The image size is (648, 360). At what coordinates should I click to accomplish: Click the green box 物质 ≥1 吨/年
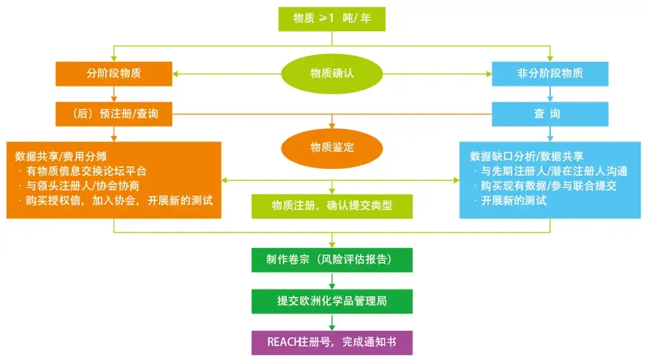pyautogui.click(x=331, y=19)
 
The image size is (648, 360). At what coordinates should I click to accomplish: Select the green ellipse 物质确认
pyautogui.click(x=331, y=73)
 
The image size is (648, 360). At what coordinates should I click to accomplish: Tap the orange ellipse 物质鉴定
pyautogui.click(x=331, y=146)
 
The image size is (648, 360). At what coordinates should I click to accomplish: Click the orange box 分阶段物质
pyautogui.click(x=114, y=73)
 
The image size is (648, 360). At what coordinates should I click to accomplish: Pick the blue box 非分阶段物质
pyautogui.click(x=550, y=73)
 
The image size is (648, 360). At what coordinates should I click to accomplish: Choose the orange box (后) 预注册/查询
pyautogui.click(x=114, y=114)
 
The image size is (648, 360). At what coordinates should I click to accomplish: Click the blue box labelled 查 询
pyautogui.click(x=550, y=114)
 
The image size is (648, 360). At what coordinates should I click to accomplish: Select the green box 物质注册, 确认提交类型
pyautogui.click(x=331, y=205)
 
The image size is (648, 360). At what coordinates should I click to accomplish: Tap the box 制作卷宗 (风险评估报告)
pyautogui.click(x=331, y=260)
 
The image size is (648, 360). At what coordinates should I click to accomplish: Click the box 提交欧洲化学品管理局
pyautogui.click(x=331, y=301)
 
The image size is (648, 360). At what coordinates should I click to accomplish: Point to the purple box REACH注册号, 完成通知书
pyautogui.click(x=331, y=342)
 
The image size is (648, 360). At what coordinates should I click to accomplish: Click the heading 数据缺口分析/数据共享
pyautogui.click(x=526, y=156)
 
